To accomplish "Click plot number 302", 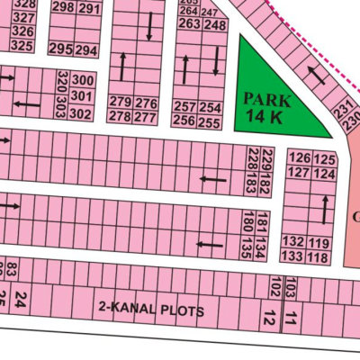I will [80, 113].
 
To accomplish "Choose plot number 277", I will [147, 117].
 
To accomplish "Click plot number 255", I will [210, 121].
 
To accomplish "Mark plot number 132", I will [292, 242].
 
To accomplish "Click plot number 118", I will [318, 256].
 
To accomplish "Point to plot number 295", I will [61, 49].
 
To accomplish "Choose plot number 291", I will [89, 8].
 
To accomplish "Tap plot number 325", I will [24, 45].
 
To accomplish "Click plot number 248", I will [215, 24].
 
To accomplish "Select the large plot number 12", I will [268, 317].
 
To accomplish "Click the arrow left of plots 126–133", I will [324, 209].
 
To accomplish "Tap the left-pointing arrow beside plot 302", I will [28, 105].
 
